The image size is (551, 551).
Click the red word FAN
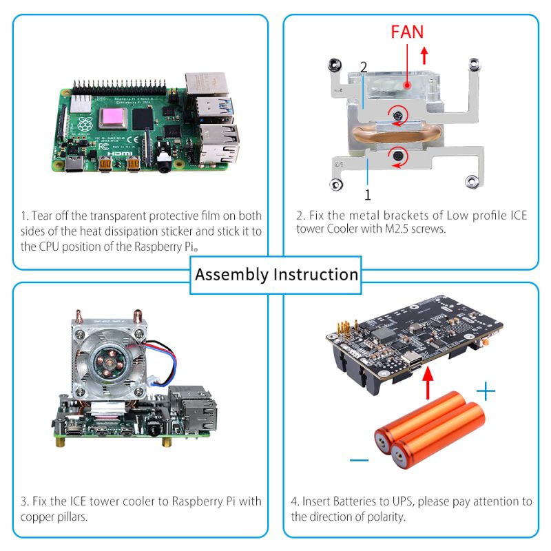click(407, 31)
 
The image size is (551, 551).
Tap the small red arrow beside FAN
click(424, 53)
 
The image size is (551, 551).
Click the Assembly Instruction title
click(276, 274)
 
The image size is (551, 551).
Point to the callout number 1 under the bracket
click(367, 194)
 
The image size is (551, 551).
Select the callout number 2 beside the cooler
click(364, 67)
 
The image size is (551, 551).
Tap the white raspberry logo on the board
click(87, 126)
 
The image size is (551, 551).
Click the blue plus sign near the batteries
click(486, 393)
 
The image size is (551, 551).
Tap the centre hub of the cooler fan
click(109, 362)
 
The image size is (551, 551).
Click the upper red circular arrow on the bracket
click(399, 115)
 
